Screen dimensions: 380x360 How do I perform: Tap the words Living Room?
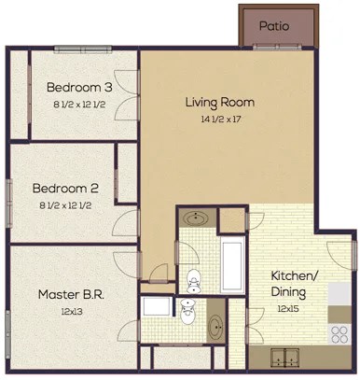pyautogui.click(x=219, y=102)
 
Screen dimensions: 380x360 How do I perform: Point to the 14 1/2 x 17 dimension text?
pyautogui.click(x=221, y=119)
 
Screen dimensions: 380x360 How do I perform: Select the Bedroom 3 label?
pyautogui.click(x=80, y=88)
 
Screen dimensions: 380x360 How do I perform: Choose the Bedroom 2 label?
pyautogui.click(x=64, y=186)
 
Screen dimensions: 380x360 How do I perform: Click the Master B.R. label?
pyautogui.click(x=70, y=294)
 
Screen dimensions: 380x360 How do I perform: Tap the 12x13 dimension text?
pyautogui.click(x=70, y=311)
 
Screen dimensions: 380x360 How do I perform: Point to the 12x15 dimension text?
pyautogui.click(x=297, y=308)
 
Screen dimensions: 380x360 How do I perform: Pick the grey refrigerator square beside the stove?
pyautogui.click(x=340, y=294)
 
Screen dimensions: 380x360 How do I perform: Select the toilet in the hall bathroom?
pyautogui.click(x=193, y=277)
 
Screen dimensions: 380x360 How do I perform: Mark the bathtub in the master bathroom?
pyautogui.click(x=156, y=308)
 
